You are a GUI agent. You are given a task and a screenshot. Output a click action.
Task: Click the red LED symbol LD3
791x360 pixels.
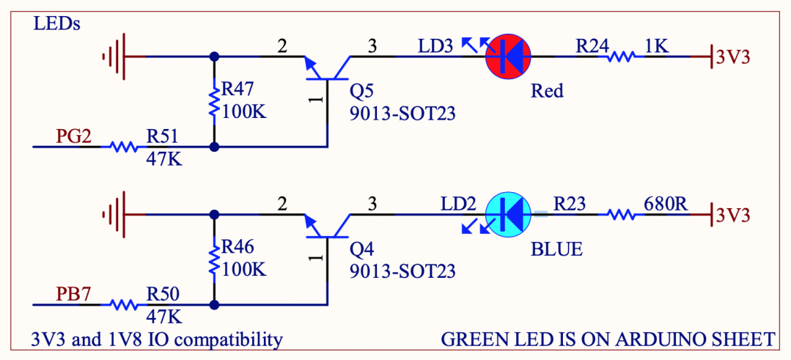(x=508, y=56)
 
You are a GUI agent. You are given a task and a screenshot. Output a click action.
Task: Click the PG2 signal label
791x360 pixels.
(x=74, y=136)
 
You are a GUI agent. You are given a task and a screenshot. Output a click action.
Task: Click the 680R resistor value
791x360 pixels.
(x=666, y=203)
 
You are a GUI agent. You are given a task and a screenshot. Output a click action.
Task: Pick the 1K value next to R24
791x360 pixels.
(x=655, y=45)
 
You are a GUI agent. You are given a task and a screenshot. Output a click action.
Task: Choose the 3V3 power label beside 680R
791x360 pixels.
(x=732, y=216)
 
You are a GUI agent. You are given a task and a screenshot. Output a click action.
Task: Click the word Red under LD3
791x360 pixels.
(x=547, y=91)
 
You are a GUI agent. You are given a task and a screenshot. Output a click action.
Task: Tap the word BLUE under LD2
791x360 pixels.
(x=556, y=249)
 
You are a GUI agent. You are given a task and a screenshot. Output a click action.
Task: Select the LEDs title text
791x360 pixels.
(x=57, y=23)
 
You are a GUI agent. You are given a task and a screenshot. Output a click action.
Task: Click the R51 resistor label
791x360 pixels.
(x=163, y=136)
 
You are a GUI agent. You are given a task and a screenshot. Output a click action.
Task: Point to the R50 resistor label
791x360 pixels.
(x=163, y=294)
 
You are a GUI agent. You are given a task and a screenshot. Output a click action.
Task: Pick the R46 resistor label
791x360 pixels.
(x=238, y=248)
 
